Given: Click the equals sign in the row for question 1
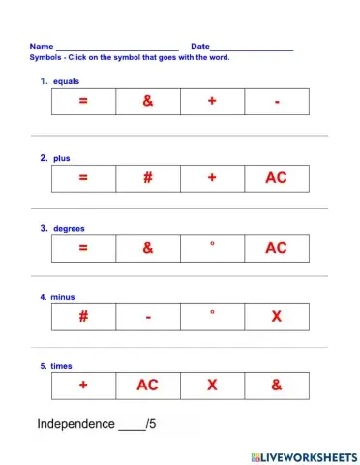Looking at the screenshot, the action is (x=83, y=102).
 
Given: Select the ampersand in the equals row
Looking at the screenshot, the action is (x=147, y=102).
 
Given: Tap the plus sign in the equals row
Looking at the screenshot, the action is (x=212, y=102).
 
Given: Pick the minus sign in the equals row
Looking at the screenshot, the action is (x=277, y=103).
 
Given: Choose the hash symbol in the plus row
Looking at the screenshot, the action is (x=147, y=178).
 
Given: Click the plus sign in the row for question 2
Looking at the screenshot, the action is (x=212, y=178).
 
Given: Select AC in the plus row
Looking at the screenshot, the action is (x=276, y=178).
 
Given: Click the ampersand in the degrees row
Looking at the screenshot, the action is (x=147, y=248).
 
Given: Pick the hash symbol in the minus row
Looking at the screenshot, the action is (x=83, y=317).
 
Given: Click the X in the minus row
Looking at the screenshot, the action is (x=276, y=317).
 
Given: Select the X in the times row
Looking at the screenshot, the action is (x=212, y=386).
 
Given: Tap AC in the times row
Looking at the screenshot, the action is (x=147, y=386).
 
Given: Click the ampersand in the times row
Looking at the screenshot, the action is (x=276, y=386).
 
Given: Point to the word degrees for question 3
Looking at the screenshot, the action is (x=69, y=228).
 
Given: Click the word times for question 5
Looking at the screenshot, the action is (x=62, y=366).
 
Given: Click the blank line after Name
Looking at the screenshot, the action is (x=116, y=48).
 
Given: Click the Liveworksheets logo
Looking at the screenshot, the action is (x=303, y=455).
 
